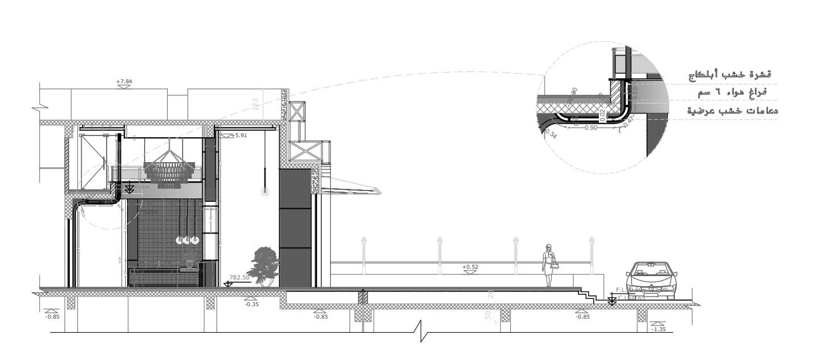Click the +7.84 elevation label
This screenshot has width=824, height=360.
click(x=124, y=82)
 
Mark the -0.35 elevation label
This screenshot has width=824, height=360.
click(x=251, y=304)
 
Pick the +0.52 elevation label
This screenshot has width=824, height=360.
click(x=470, y=266)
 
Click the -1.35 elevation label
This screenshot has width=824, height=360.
click(x=658, y=329)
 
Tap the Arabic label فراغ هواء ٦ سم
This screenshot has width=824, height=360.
click(x=734, y=92)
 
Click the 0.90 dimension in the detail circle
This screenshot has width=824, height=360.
click(x=590, y=128)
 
